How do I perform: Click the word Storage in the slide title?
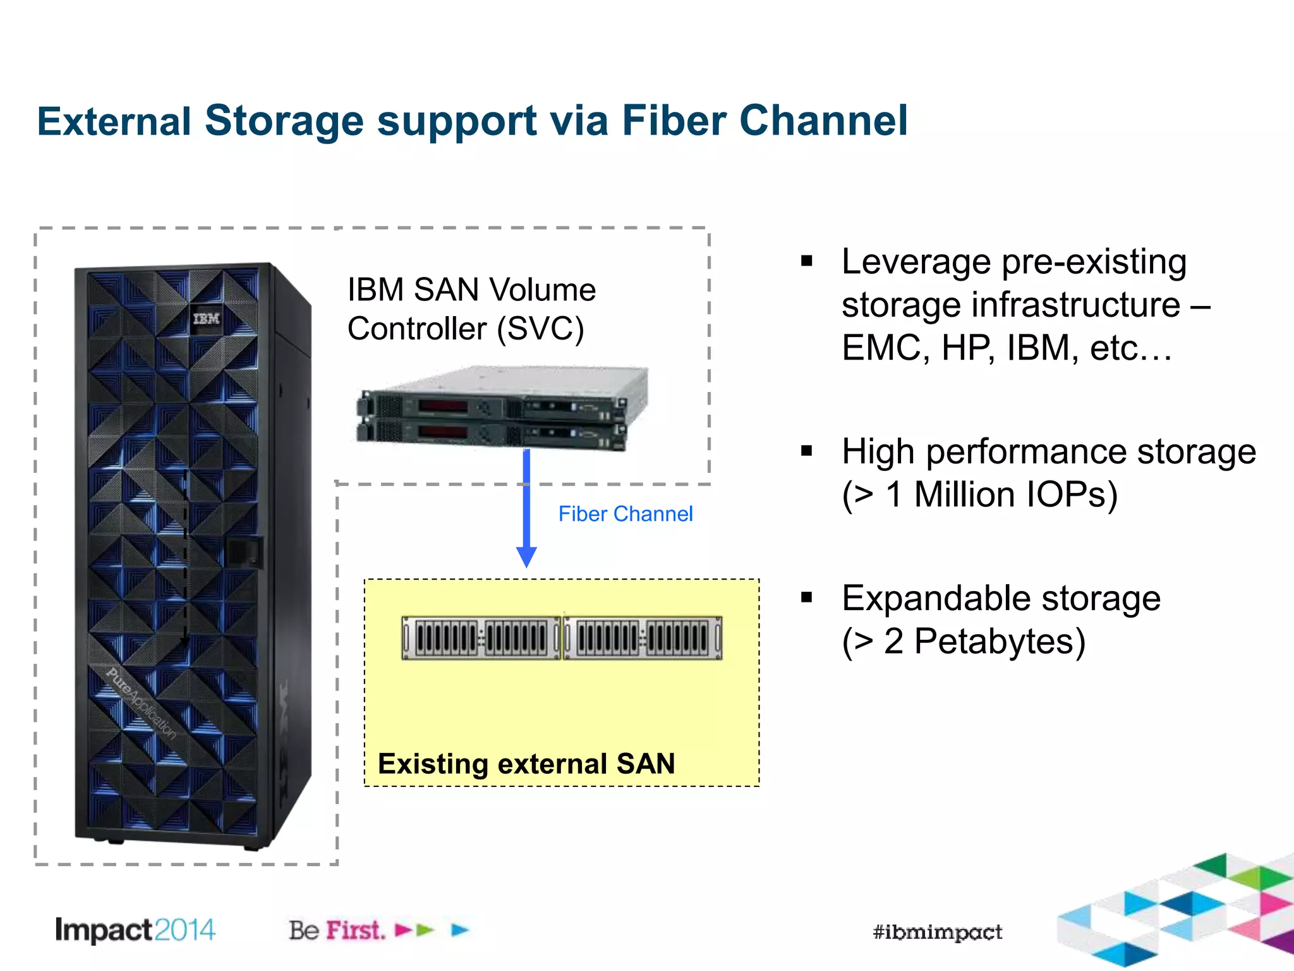click(284, 121)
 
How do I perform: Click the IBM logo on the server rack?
click(207, 318)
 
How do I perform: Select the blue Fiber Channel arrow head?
click(526, 556)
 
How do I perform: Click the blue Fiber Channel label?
click(626, 514)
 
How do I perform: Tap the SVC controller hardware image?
click(502, 408)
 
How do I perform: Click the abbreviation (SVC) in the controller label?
click(540, 329)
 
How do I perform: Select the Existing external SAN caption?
click(526, 764)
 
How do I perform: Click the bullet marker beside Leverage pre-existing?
click(806, 261)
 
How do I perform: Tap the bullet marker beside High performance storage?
click(806, 451)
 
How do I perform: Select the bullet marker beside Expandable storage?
click(806, 597)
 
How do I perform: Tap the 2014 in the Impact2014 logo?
click(184, 930)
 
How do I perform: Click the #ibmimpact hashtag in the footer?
click(937, 932)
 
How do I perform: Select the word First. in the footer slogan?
click(355, 930)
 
